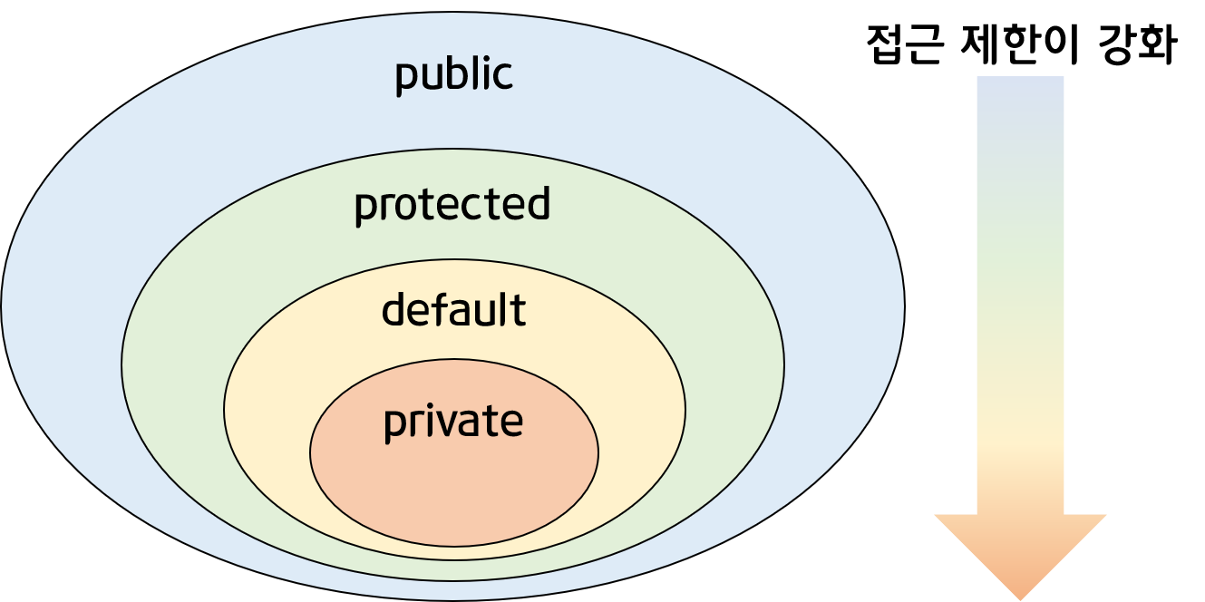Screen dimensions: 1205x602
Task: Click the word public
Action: coord(453,74)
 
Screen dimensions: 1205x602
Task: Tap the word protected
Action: coord(452,205)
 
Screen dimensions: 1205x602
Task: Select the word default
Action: coord(453,310)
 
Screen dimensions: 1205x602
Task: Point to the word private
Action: coord(453,422)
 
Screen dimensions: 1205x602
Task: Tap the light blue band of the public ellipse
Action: coord(63,299)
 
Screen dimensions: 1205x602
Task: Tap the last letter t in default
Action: coord(520,310)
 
